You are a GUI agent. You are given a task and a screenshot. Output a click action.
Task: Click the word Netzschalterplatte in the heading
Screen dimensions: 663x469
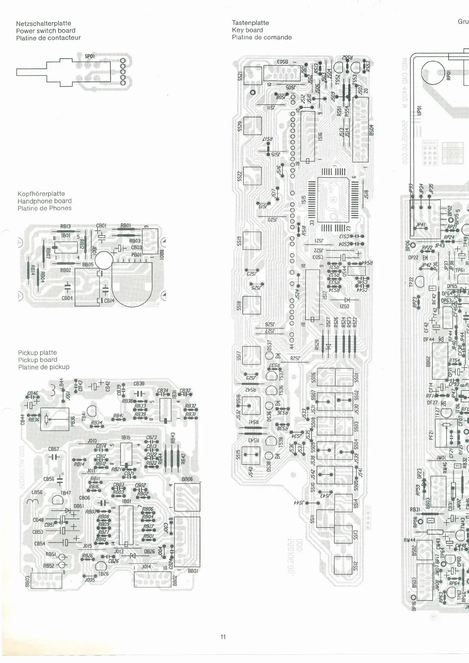[x=44, y=23]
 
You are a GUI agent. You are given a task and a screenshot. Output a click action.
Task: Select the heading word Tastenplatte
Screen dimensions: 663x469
[x=250, y=23]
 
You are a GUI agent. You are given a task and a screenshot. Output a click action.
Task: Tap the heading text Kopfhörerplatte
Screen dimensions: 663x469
[x=41, y=194]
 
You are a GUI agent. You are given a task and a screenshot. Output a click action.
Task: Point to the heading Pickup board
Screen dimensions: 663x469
[x=37, y=360]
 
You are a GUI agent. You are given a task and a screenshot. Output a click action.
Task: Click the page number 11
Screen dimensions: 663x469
[x=223, y=637]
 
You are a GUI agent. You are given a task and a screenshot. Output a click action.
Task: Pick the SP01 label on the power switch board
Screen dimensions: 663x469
[x=90, y=56]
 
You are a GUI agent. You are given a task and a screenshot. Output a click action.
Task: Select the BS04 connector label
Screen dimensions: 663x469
[x=371, y=130]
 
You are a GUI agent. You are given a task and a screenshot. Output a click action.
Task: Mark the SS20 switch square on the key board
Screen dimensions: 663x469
[x=252, y=126]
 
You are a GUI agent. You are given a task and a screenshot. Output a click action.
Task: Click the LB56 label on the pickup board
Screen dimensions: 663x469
[x=37, y=492]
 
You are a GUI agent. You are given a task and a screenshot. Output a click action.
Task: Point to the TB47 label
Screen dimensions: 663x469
[x=65, y=493]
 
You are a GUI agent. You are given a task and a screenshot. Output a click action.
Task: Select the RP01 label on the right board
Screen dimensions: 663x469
[x=448, y=75]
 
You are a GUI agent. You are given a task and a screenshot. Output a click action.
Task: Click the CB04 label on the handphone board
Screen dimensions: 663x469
[x=67, y=298]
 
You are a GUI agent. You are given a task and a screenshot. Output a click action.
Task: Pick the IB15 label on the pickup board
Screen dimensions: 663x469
[x=126, y=438]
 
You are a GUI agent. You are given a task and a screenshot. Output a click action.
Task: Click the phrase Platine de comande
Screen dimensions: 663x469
[x=261, y=37]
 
